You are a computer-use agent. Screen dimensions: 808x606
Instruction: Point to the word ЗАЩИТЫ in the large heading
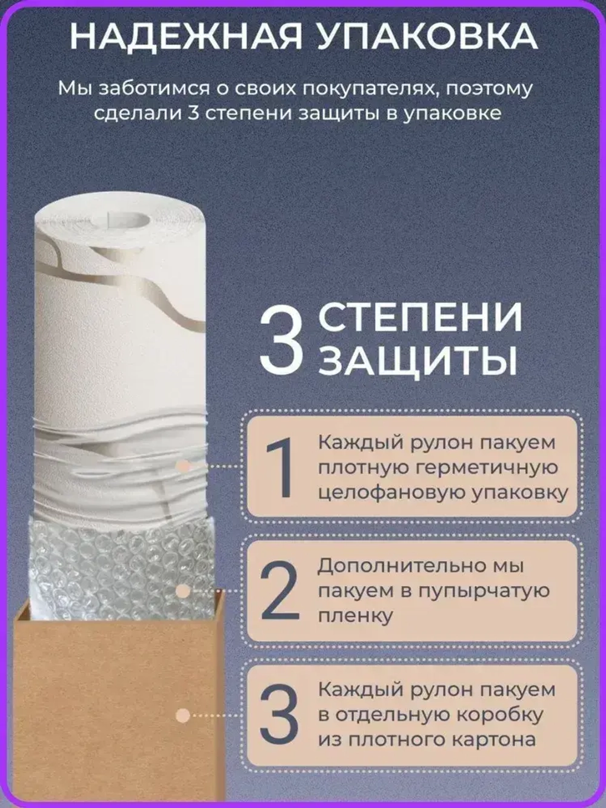pos(418,362)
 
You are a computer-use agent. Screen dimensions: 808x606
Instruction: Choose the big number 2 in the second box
pos(279,591)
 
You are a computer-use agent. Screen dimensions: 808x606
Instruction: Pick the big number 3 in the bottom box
pos(279,715)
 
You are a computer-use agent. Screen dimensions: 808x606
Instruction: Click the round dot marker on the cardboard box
pos(183,715)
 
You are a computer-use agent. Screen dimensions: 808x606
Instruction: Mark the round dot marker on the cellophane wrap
pos(183,467)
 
